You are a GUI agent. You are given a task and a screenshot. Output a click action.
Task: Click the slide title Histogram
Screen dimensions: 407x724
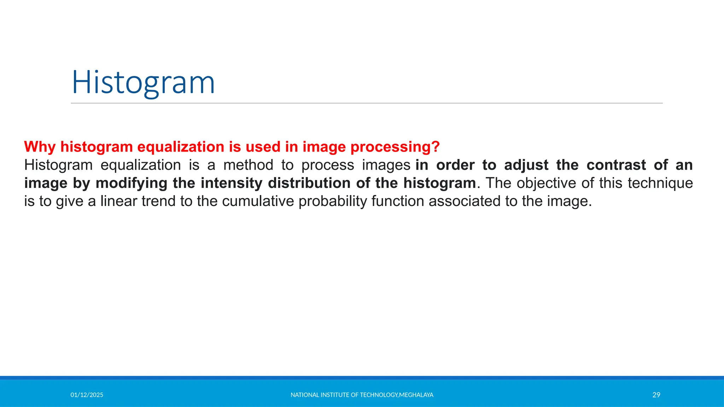click(x=143, y=83)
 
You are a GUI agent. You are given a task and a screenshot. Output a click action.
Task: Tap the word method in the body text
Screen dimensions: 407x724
click(x=248, y=165)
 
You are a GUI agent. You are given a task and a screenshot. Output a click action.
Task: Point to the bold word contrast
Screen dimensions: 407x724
click(x=616, y=165)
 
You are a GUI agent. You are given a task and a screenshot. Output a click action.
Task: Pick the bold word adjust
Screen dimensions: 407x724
click(x=526, y=165)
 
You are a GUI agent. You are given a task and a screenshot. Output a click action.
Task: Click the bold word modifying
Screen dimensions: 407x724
click(x=131, y=183)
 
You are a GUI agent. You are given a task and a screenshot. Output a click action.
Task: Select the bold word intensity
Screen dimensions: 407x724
click(x=232, y=183)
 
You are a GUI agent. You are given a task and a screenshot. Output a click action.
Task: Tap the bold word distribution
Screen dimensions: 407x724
click(x=308, y=183)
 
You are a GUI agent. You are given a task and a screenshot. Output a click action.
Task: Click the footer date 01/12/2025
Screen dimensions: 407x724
click(x=87, y=395)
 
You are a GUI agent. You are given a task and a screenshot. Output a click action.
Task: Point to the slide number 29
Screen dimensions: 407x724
click(x=656, y=395)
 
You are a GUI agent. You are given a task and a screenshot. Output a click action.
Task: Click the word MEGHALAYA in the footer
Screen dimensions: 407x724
click(x=416, y=395)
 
